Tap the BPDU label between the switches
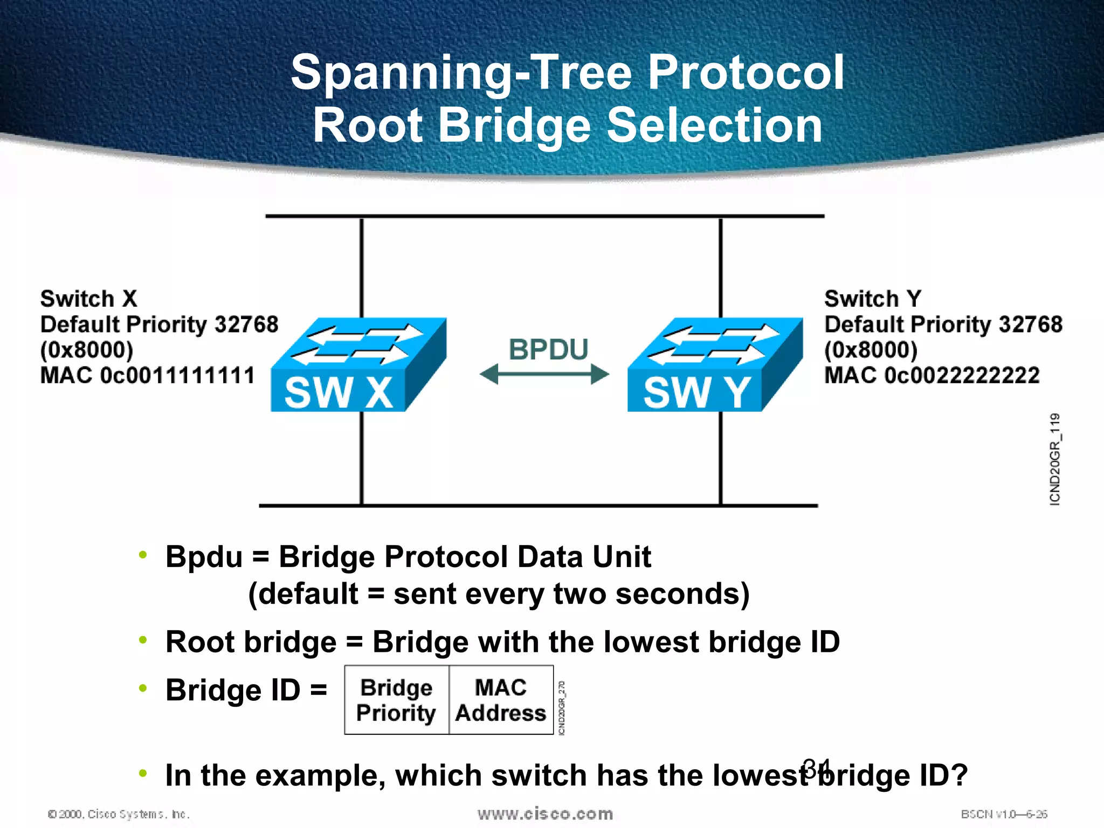548,349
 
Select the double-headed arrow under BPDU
544,374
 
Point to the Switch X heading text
89,299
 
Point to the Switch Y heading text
873,299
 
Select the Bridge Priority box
396,700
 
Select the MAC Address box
501,700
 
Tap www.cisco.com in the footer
545,813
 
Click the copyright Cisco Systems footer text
119,814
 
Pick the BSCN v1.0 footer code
1004,814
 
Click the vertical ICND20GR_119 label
1055,459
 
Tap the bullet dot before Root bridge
143,640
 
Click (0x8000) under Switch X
87,350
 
